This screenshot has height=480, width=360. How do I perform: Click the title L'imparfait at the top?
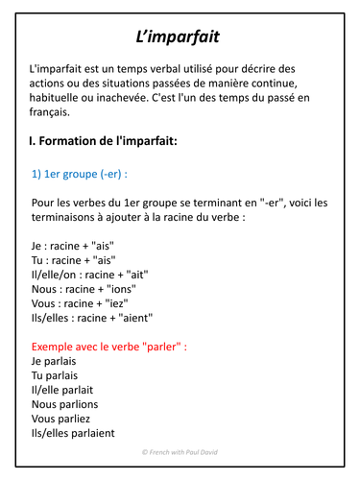point(180,37)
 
